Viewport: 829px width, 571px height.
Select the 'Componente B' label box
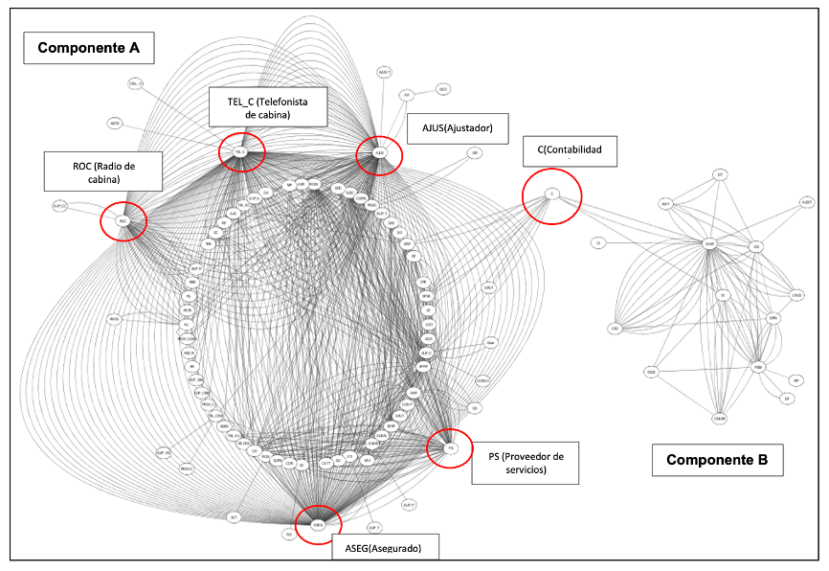[717, 460]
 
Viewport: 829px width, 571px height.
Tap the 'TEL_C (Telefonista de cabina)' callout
[267, 106]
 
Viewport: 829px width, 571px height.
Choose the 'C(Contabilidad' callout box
[570, 150]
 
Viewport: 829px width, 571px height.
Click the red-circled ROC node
[123, 220]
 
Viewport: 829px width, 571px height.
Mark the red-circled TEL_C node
[240, 151]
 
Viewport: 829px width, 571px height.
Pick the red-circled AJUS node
[379, 152]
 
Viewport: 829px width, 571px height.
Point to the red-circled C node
[551, 194]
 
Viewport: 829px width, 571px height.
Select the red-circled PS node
[450, 447]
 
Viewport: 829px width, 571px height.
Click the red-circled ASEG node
[319, 524]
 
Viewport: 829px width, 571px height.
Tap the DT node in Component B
[721, 174]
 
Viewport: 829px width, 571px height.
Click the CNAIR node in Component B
[719, 417]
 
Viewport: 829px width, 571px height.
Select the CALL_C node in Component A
[135, 84]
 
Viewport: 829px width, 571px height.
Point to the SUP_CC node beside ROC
[59, 206]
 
